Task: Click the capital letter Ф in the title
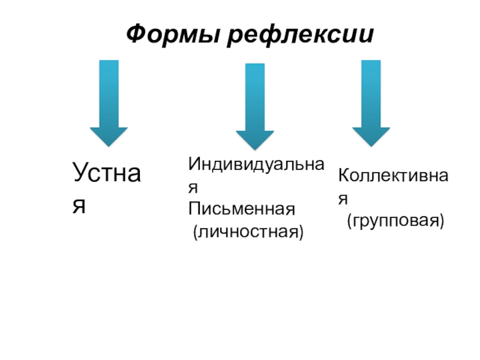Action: pos(135,34)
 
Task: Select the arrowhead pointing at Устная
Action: pos(109,136)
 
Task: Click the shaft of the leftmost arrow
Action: pos(109,93)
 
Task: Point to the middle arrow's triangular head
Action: pos(254,140)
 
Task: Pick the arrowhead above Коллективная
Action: pos(370,136)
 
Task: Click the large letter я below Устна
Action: pos(79,205)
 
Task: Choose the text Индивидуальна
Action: pos(256,163)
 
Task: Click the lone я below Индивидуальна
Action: pos(193,187)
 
